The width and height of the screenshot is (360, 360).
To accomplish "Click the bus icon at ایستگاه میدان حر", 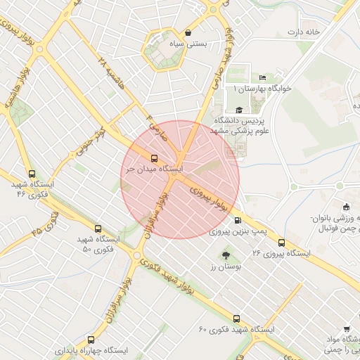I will (x=155, y=157).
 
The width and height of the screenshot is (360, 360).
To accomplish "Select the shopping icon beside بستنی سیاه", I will (x=188, y=32).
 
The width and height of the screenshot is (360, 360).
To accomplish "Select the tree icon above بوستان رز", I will (x=226, y=256).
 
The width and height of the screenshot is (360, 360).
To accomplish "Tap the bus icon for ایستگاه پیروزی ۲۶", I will (x=281, y=241).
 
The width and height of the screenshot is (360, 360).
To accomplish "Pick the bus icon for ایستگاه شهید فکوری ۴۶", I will (x=31, y=174).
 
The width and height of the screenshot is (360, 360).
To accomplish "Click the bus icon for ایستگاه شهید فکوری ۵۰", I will (x=97, y=229).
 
